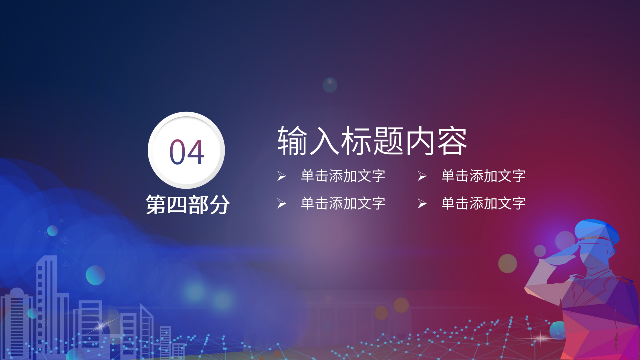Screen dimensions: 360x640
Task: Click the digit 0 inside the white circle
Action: click(x=178, y=152)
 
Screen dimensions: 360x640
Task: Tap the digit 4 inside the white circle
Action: click(x=196, y=152)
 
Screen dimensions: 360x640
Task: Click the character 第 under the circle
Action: click(x=156, y=205)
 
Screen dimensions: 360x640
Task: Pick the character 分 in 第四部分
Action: click(x=220, y=205)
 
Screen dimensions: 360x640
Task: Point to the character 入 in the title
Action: click(x=325, y=141)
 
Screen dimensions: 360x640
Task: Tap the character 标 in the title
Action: click(x=357, y=141)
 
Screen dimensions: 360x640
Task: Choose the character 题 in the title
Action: click(x=389, y=141)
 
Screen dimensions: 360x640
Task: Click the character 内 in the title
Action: click(x=420, y=141)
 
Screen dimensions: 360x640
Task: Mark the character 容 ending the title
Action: click(x=452, y=141)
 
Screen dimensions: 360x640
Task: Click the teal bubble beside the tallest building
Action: click(x=95, y=275)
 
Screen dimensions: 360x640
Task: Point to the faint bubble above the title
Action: click(x=330, y=85)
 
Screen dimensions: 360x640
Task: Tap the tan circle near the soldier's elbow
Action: click(x=507, y=263)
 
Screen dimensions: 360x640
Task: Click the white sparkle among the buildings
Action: click(x=102, y=325)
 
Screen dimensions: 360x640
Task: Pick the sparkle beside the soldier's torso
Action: click(x=541, y=338)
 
